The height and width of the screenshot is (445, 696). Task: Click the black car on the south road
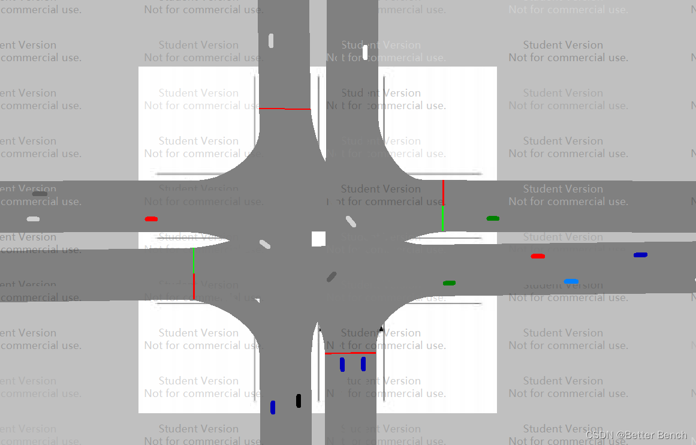[299, 401]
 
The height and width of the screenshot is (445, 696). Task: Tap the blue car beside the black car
[273, 407]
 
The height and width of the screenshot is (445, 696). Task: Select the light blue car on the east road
[571, 281]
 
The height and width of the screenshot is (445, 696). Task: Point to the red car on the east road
[538, 256]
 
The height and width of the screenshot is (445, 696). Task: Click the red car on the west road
[151, 219]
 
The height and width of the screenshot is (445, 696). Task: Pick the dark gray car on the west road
[40, 194]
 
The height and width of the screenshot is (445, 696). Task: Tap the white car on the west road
[33, 219]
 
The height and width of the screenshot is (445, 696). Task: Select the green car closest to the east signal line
[493, 218]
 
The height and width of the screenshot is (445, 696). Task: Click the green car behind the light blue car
[449, 282]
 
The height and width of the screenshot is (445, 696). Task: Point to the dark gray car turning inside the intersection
[332, 276]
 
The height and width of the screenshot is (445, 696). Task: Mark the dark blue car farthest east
[640, 255]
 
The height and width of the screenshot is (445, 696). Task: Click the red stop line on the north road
[285, 109]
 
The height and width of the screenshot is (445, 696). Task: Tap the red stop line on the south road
[350, 353]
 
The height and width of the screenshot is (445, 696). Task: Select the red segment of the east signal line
[443, 193]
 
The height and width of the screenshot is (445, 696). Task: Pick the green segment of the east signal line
[443, 218]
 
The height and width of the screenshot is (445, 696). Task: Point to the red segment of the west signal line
[194, 286]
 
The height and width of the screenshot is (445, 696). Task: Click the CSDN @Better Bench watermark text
[636, 435]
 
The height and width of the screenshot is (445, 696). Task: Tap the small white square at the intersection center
[318, 239]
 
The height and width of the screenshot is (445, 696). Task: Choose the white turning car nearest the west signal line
[265, 244]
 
